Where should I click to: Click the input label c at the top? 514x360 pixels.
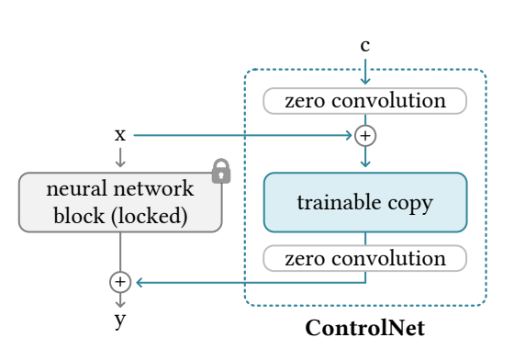coord(365,45)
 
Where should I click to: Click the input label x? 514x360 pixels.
coord(120,135)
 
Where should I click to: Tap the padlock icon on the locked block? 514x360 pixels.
coord(220,171)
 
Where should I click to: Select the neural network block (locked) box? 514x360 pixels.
coord(120,202)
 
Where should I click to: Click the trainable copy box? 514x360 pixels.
coord(365,202)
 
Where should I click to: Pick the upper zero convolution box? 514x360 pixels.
coord(365,100)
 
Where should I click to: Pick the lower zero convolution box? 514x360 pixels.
coord(365,259)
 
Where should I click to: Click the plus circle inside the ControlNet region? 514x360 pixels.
coord(365,136)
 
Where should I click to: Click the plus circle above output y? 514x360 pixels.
coord(120,281)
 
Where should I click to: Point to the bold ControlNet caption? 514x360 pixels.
coord(365,328)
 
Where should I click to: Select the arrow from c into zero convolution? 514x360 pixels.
coord(365,72)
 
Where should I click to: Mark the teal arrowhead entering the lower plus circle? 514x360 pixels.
coord(138,281)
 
